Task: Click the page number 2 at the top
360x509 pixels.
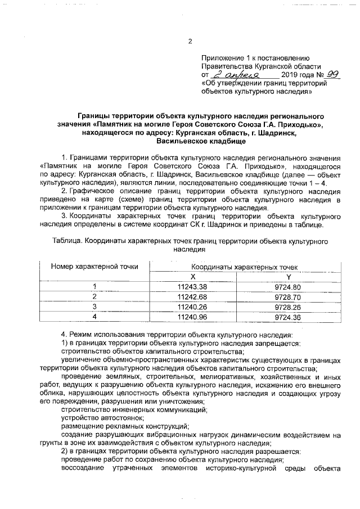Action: [x=190, y=41]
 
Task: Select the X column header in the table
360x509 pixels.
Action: [x=192, y=277]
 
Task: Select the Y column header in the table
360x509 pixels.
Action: [x=289, y=277]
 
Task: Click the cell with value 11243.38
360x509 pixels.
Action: [x=192, y=287]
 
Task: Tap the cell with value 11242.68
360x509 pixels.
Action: [x=192, y=296]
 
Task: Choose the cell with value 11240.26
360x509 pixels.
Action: [x=192, y=307]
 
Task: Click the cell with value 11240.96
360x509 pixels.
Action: [x=192, y=317]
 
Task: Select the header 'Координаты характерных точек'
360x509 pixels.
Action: [x=245, y=267]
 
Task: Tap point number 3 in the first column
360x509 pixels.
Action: [x=94, y=307]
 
